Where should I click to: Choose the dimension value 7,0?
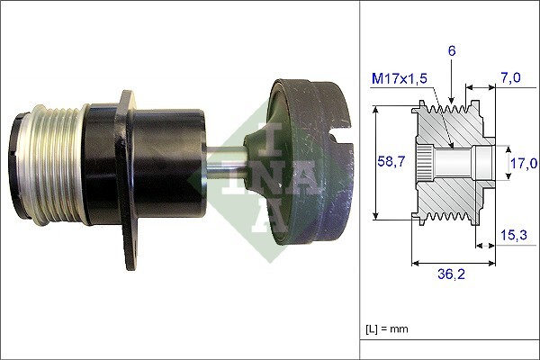(x=510, y=79)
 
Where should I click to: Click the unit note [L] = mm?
(x=388, y=328)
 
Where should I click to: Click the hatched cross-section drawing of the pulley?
(x=450, y=163)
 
